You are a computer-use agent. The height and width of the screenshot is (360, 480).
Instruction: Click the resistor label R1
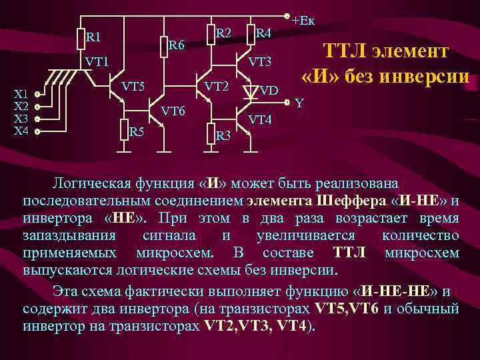(x=94, y=37)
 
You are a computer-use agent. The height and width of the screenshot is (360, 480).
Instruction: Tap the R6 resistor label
(x=177, y=45)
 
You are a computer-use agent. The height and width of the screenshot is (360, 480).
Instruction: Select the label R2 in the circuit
(x=224, y=33)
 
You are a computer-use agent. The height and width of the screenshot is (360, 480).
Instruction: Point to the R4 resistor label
(x=263, y=33)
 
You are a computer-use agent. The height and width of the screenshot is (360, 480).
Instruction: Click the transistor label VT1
(x=97, y=61)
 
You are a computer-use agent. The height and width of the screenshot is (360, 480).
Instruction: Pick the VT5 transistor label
(x=133, y=85)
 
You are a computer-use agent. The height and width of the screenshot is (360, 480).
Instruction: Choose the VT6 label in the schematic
(x=174, y=109)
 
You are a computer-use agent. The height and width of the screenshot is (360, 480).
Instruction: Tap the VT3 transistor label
(x=261, y=62)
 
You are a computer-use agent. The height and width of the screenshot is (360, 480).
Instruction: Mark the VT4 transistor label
(x=260, y=120)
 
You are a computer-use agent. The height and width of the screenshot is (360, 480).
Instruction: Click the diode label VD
(x=269, y=90)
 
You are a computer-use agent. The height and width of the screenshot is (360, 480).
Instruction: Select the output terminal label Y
(x=299, y=103)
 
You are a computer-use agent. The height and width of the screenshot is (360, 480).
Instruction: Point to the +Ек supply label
(x=303, y=19)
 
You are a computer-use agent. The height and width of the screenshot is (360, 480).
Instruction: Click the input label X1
(x=21, y=94)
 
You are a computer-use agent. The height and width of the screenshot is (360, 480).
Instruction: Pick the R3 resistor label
(x=224, y=135)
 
